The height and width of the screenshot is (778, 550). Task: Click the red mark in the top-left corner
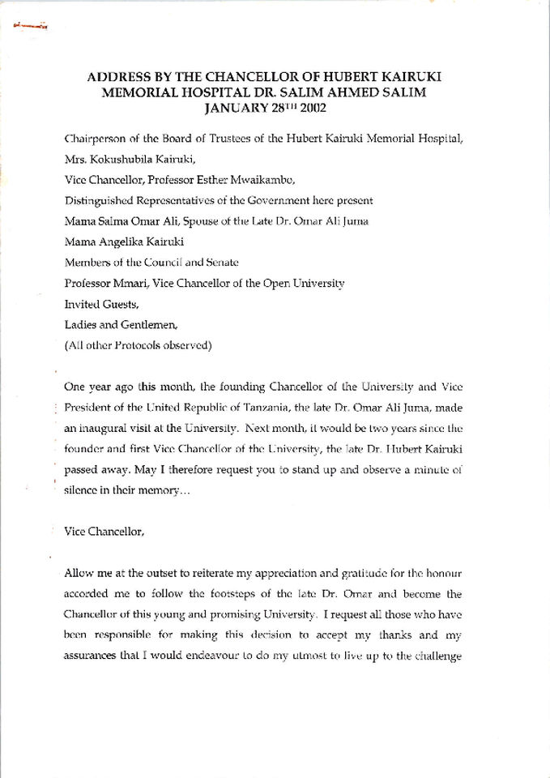pyautogui.click(x=31, y=27)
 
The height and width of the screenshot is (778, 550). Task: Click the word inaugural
pyautogui.click(x=101, y=428)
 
